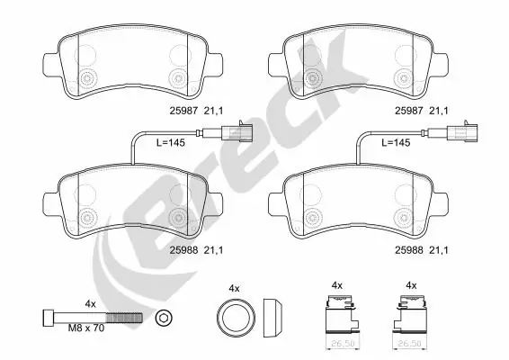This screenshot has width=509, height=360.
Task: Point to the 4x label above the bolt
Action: pyautogui.click(x=90, y=303)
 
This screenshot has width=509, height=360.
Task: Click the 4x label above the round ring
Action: pyautogui.click(x=235, y=287)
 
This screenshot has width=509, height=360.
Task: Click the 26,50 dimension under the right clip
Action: pyautogui.click(x=411, y=343)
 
